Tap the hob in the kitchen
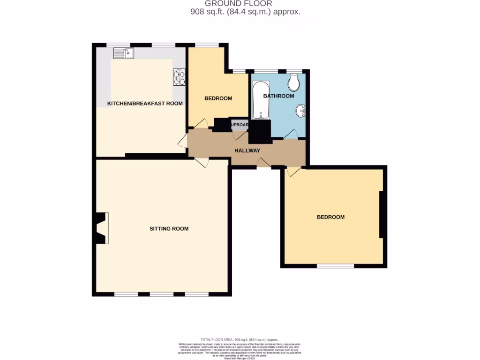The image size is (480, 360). (179, 77)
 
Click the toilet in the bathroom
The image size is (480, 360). (294, 84)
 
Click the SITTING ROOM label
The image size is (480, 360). (169, 229)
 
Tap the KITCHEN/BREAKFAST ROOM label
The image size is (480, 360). (145, 104)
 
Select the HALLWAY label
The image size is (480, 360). (247, 150)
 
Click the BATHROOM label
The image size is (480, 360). (278, 96)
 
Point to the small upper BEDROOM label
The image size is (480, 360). (218, 98)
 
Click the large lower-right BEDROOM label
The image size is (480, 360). (330, 217)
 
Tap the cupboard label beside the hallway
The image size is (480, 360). (239, 125)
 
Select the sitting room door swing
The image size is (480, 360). (202, 162)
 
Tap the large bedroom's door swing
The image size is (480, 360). (294, 172)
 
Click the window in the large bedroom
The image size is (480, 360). (335, 266)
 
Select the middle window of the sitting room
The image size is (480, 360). (161, 294)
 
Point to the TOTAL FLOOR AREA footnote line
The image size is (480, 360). (240, 339)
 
